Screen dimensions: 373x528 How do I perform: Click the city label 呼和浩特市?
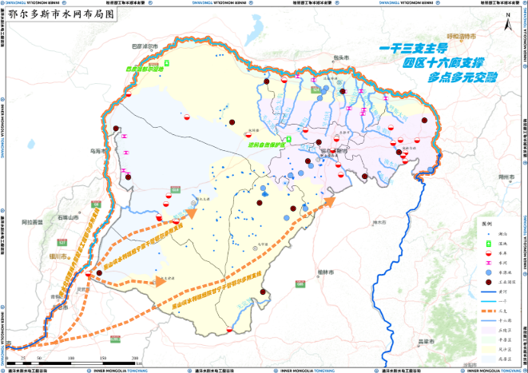click(461, 38)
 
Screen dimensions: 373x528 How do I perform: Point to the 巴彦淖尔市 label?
click(145, 46)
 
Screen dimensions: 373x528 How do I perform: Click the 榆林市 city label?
click(324, 272)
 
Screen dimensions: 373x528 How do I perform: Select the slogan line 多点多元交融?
click(462, 77)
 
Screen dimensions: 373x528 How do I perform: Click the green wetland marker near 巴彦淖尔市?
click(167, 62)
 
